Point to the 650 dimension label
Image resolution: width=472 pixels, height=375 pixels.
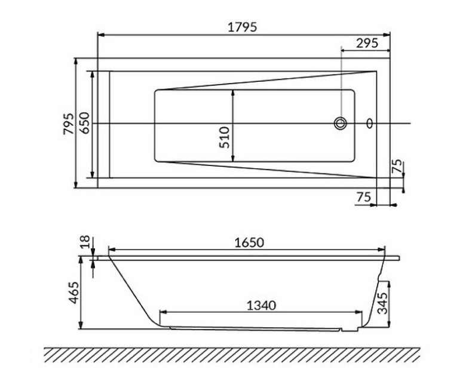coord(85,123)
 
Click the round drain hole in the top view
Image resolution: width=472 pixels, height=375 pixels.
coord(341,124)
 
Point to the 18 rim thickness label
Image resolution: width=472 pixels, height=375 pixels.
coord(85,242)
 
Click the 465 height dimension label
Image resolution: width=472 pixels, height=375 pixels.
coord(73,293)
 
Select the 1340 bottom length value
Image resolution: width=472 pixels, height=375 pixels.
coord(260,305)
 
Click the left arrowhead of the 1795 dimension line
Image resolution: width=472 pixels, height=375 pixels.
coord(100,34)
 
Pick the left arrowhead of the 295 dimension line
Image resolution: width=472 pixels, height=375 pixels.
coord(344,50)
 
